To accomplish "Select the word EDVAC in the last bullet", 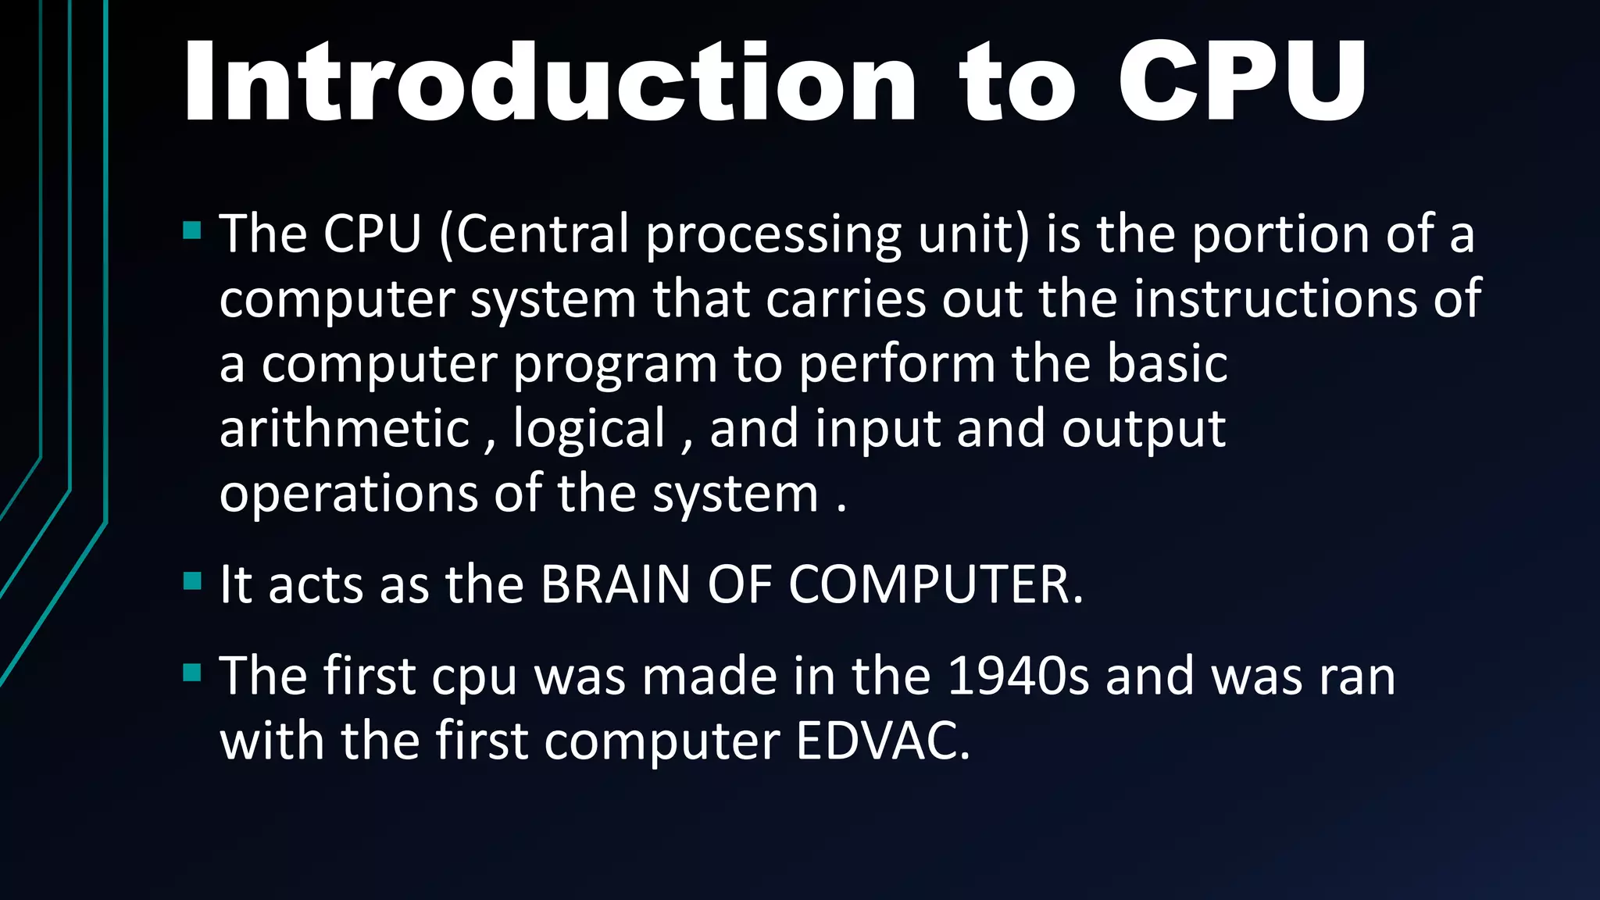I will pos(883,741).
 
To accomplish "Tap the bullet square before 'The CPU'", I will pos(192,230).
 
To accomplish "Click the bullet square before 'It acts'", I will pos(192,581).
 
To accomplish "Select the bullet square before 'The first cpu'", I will pos(192,673).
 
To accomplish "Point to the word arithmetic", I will pos(345,429).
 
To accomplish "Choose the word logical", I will pos(589,429).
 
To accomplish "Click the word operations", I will pos(348,495).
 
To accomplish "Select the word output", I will pos(1144,429).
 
